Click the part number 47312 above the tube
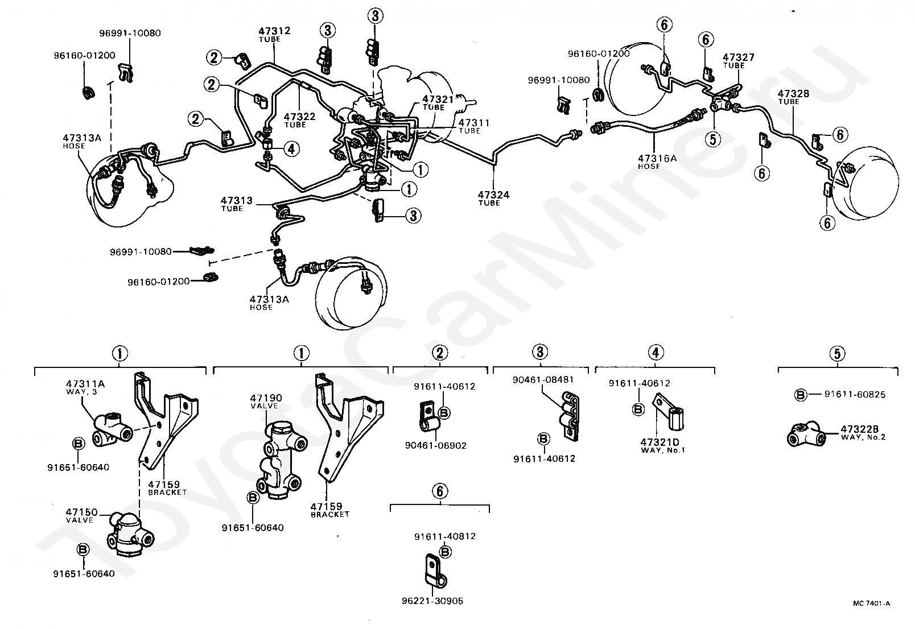(274, 31)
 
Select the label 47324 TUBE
(493, 198)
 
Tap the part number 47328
(793, 93)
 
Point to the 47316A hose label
(657, 162)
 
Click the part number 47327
(739, 57)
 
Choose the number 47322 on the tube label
(299, 117)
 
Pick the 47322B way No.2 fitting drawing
(806, 435)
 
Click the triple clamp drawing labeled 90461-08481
(570, 416)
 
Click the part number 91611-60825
(855, 394)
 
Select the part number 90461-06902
(435, 445)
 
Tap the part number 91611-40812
(445, 536)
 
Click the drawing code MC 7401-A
(871, 603)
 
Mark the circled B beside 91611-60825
(801, 395)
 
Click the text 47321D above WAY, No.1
(660, 442)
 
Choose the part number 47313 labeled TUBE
(237, 200)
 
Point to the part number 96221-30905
(432, 601)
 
